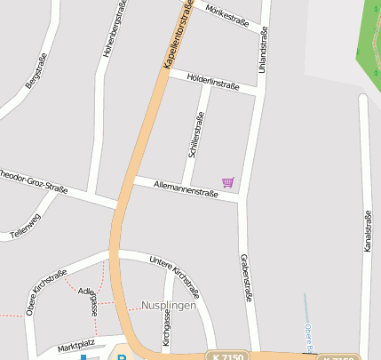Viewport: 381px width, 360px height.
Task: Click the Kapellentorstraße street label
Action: (x=179, y=35)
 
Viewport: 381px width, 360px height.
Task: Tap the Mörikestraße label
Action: (x=226, y=16)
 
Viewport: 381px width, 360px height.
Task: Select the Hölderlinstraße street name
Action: (x=213, y=83)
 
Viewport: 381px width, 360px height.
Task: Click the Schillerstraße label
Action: (x=196, y=134)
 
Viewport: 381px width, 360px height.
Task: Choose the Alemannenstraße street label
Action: (x=186, y=187)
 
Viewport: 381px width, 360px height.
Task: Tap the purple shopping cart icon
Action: (x=228, y=182)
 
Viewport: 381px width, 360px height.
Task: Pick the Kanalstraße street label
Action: (x=366, y=231)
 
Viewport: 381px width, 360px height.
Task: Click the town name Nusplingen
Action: (x=168, y=305)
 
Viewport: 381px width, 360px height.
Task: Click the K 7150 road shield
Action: (x=228, y=356)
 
